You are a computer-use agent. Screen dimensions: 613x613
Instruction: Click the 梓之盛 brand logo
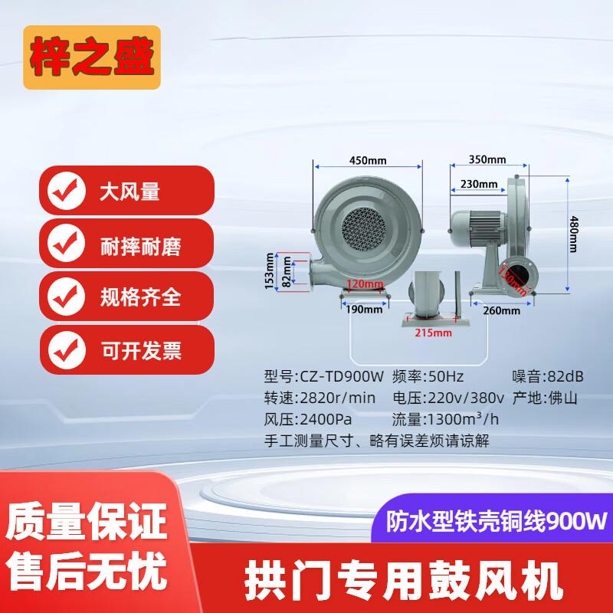click(x=92, y=57)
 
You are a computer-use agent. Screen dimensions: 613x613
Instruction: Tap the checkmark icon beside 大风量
click(x=67, y=191)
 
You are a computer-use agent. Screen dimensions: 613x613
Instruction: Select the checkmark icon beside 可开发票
click(x=67, y=350)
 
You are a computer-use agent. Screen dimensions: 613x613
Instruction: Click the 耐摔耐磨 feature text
click(x=140, y=247)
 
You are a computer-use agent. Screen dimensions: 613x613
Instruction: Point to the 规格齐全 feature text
click(x=140, y=297)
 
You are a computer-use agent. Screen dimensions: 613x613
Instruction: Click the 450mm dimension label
click(x=368, y=161)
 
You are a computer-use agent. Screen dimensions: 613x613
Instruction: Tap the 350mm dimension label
click(x=487, y=159)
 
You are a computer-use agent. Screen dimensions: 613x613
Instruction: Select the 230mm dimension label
click(x=479, y=184)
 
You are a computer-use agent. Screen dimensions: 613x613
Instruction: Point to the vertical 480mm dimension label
click(x=573, y=234)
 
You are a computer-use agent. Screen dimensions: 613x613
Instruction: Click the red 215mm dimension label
click(x=433, y=333)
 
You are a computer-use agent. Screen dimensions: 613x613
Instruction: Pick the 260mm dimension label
click(x=502, y=311)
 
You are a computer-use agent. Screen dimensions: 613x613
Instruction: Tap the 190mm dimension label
click(x=364, y=310)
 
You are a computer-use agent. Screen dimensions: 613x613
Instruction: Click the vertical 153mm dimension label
click(x=270, y=271)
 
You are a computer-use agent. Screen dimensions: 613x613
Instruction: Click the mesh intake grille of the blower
click(x=363, y=228)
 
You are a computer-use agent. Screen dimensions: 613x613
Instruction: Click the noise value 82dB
click(x=565, y=376)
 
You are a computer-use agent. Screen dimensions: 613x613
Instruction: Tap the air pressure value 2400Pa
click(x=326, y=419)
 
